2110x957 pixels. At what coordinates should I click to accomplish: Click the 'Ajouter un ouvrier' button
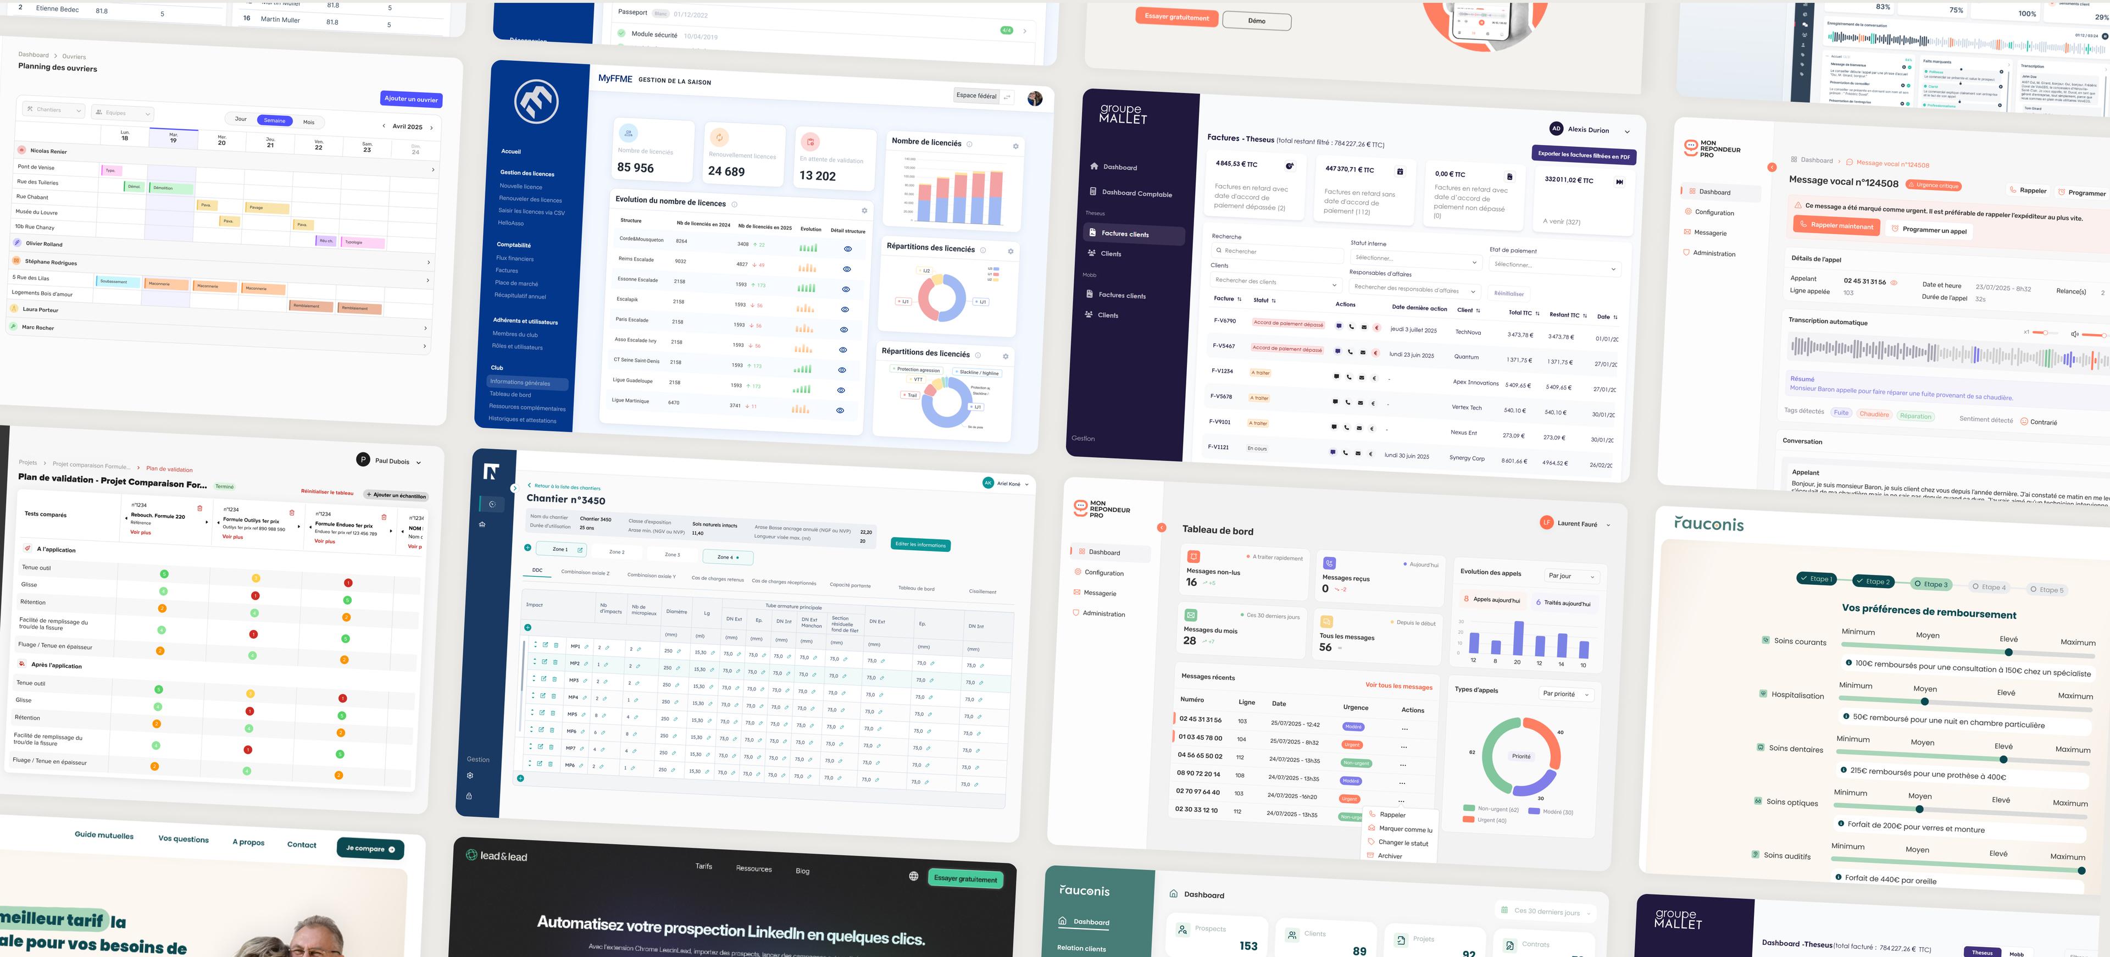pyautogui.click(x=411, y=98)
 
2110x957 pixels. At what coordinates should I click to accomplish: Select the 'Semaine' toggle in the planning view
pyautogui.click(x=274, y=120)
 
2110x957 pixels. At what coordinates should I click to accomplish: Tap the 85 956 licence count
pyautogui.click(x=636, y=167)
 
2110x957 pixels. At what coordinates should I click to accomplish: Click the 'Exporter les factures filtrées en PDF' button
pyautogui.click(x=1583, y=155)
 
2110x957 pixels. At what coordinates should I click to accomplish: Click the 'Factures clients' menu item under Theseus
pyautogui.click(x=1125, y=234)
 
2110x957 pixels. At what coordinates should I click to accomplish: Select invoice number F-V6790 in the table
pyautogui.click(x=1225, y=320)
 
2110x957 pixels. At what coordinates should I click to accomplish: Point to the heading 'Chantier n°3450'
pyautogui.click(x=566, y=499)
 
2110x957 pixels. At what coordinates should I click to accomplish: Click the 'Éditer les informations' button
pyautogui.click(x=921, y=545)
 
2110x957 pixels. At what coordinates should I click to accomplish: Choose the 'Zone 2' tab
pyautogui.click(x=617, y=551)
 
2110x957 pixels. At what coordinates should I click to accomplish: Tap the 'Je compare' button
pyautogui.click(x=369, y=848)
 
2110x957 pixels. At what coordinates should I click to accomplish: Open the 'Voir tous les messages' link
pyautogui.click(x=1398, y=686)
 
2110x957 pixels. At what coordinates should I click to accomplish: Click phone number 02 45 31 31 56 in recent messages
pyautogui.click(x=1200, y=720)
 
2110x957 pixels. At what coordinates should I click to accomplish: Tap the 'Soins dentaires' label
pyautogui.click(x=1796, y=749)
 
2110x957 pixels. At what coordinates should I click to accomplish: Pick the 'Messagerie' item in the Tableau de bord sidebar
pyautogui.click(x=1099, y=593)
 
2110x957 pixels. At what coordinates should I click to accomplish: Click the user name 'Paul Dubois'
pyautogui.click(x=392, y=461)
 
